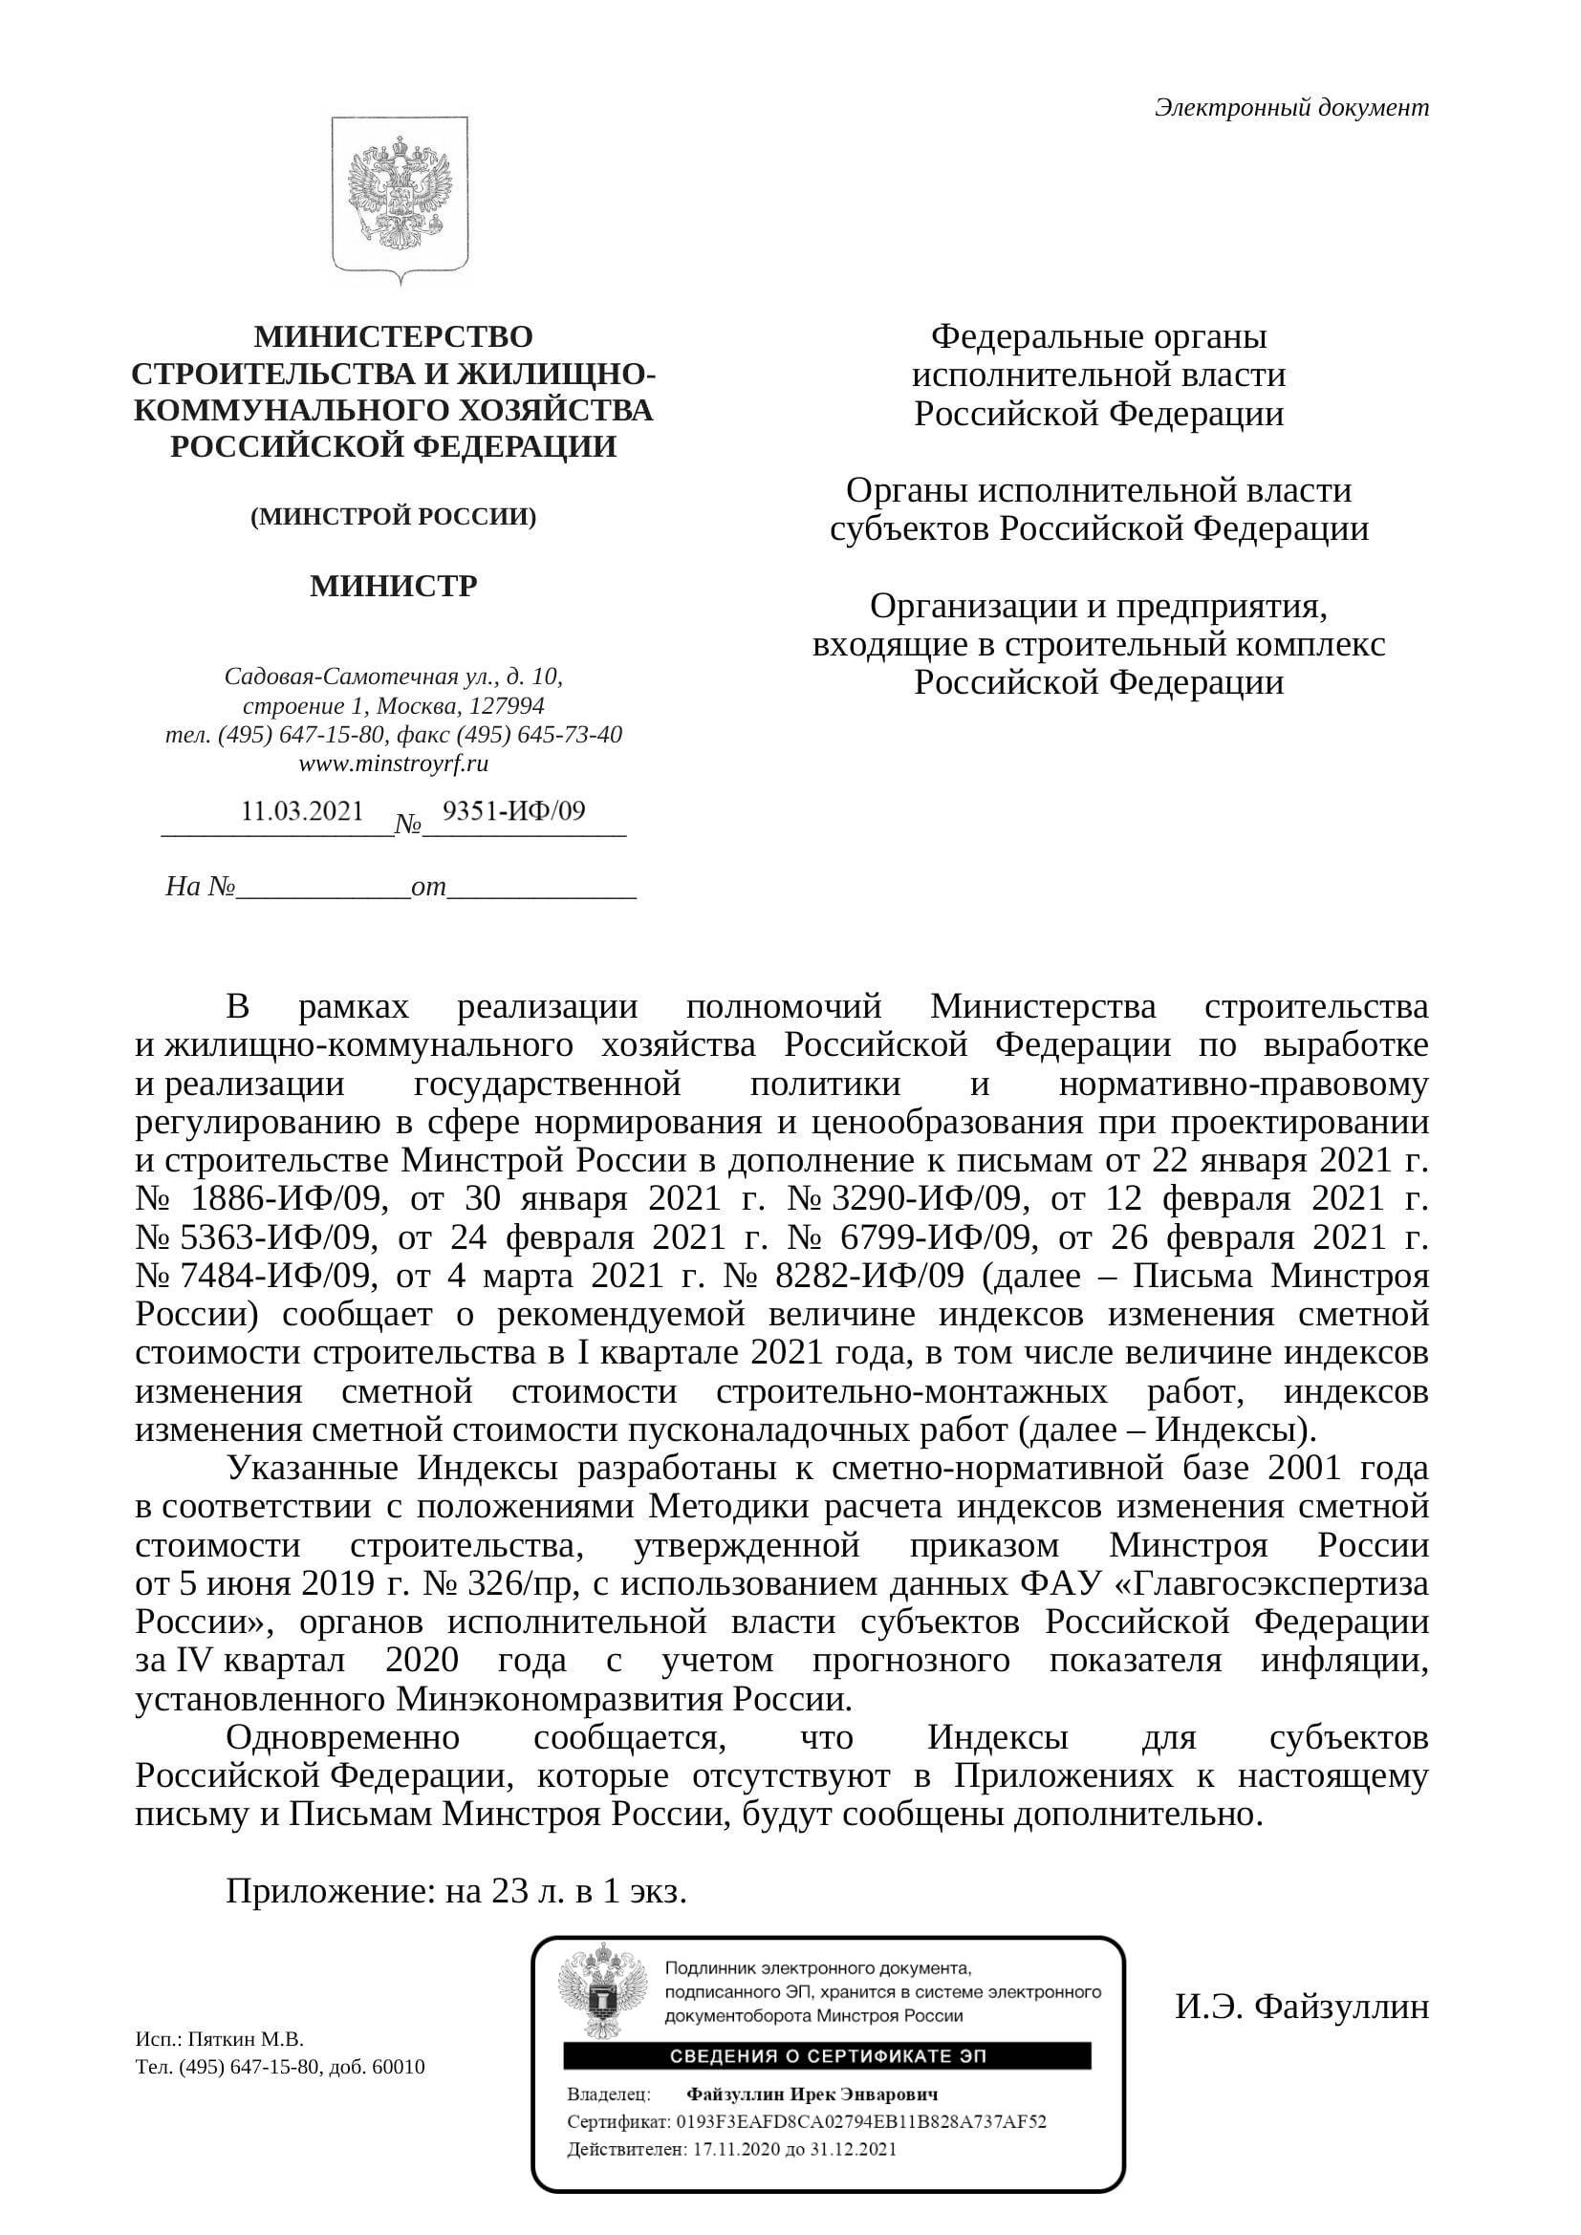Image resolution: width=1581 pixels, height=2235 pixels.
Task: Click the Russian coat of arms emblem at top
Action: (400, 200)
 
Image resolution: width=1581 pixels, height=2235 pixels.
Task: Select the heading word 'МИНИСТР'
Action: (393, 586)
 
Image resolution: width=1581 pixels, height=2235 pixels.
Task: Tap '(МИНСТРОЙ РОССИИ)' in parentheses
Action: (393, 517)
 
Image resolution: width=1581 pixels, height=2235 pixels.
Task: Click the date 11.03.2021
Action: (302, 811)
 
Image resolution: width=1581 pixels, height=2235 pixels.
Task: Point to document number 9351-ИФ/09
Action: (514, 811)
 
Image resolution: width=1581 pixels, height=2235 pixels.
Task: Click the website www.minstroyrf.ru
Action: (393, 763)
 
